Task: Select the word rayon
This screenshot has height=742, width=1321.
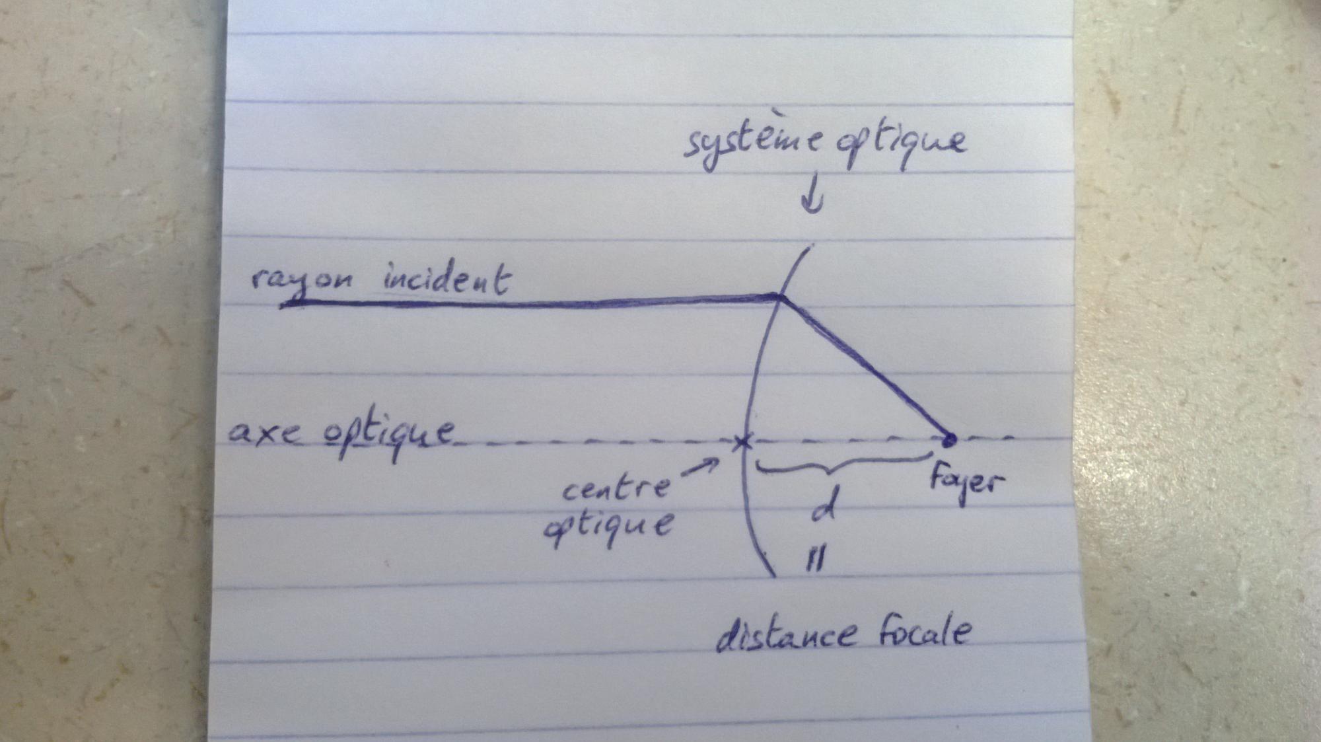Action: coord(301,280)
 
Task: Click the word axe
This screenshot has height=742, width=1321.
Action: coord(264,433)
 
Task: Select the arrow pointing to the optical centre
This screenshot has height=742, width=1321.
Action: coord(700,467)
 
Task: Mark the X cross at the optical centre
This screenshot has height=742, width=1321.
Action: coord(743,442)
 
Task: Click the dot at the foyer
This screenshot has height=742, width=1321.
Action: coord(949,439)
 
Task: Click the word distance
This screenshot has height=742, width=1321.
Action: coord(787,635)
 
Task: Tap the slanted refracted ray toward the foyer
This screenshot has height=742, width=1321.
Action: coord(865,367)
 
